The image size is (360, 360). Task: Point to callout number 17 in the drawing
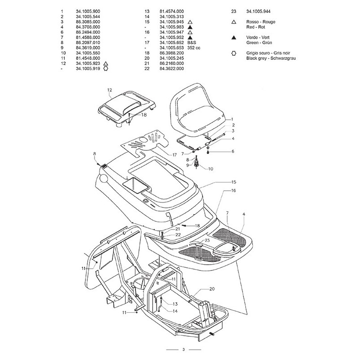click(x=175, y=155)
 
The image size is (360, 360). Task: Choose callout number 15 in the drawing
click(x=233, y=182)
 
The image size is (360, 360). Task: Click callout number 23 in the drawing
click(x=207, y=241)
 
